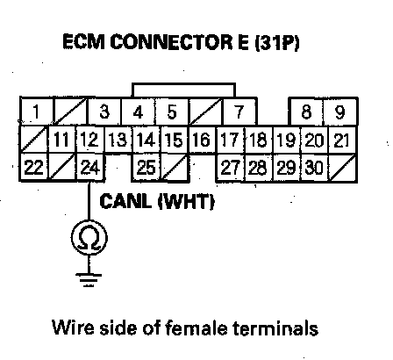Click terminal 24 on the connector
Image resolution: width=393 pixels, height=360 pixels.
[90, 168]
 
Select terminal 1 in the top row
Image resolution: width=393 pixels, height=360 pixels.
[36, 112]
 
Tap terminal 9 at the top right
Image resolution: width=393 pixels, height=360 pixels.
[340, 112]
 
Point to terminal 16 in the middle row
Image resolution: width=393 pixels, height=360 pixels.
[202, 140]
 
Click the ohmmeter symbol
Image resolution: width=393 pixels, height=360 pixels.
[89, 238]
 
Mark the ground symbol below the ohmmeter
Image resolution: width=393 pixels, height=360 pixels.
[89, 279]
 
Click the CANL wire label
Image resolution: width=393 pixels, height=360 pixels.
[125, 201]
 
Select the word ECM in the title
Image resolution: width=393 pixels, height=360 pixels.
[83, 42]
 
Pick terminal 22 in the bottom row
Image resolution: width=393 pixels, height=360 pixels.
[33, 168]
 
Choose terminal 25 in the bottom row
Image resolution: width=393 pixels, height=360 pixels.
[146, 168]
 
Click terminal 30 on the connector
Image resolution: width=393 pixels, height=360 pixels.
[314, 168]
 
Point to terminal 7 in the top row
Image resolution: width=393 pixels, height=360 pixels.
[239, 112]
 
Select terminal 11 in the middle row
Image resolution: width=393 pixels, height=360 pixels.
[61, 140]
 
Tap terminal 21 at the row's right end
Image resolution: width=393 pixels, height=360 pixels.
[342, 140]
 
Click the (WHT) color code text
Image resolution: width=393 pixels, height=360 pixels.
[186, 202]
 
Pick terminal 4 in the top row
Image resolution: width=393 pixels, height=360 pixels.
[138, 112]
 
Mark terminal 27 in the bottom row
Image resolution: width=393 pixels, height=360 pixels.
[230, 168]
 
